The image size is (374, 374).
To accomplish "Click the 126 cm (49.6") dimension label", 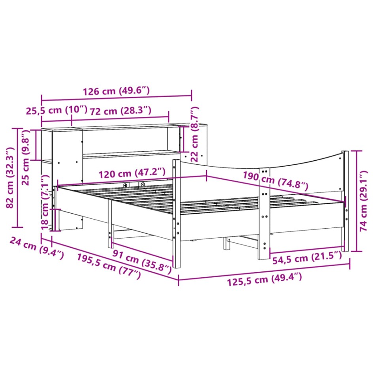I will coord(116,91).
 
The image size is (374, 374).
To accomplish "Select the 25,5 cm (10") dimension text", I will coord(56,110).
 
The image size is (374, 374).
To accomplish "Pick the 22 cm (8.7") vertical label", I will coord(195,134).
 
